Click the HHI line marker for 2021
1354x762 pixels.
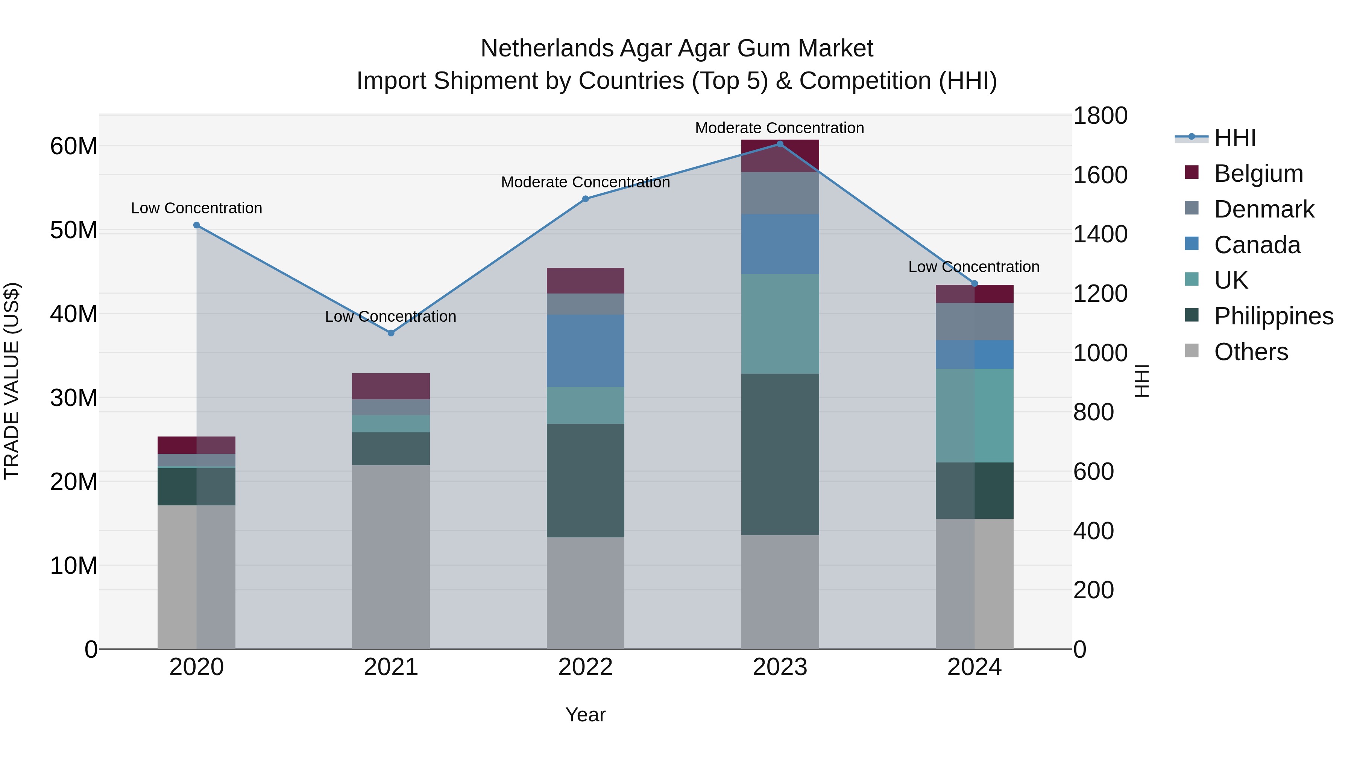pyautogui.click(x=390, y=333)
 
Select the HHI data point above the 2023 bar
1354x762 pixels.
pyautogui.click(x=780, y=144)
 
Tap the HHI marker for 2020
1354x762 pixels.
pyautogui.click(x=197, y=225)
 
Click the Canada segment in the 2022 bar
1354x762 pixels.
pyautogui.click(x=585, y=351)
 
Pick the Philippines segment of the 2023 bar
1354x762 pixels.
pyautogui.click(x=780, y=454)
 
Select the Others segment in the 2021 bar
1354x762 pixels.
pyautogui.click(x=390, y=557)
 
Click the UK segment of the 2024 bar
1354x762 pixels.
pyautogui.click(x=974, y=415)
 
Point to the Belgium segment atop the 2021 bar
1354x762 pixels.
pyautogui.click(x=390, y=386)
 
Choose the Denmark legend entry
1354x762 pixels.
pyautogui.click(x=1264, y=209)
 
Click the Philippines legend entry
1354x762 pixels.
pyautogui.click(x=1273, y=316)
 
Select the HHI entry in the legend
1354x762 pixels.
pyautogui.click(x=1235, y=138)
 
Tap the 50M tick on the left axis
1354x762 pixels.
pyautogui.click(x=74, y=230)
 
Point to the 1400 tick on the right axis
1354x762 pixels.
pyautogui.click(x=1100, y=234)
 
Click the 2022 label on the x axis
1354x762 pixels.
pyautogui.click(x=585, y=667)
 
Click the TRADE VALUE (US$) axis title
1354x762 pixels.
pyautogui.click(x=12, y=381)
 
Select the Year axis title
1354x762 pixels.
pyautogui.click(x=585, y=715)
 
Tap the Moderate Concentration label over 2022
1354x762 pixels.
pyautogui.click(x=585, y=182)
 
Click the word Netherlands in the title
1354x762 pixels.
pyautogui.click(x=546, y=49)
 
